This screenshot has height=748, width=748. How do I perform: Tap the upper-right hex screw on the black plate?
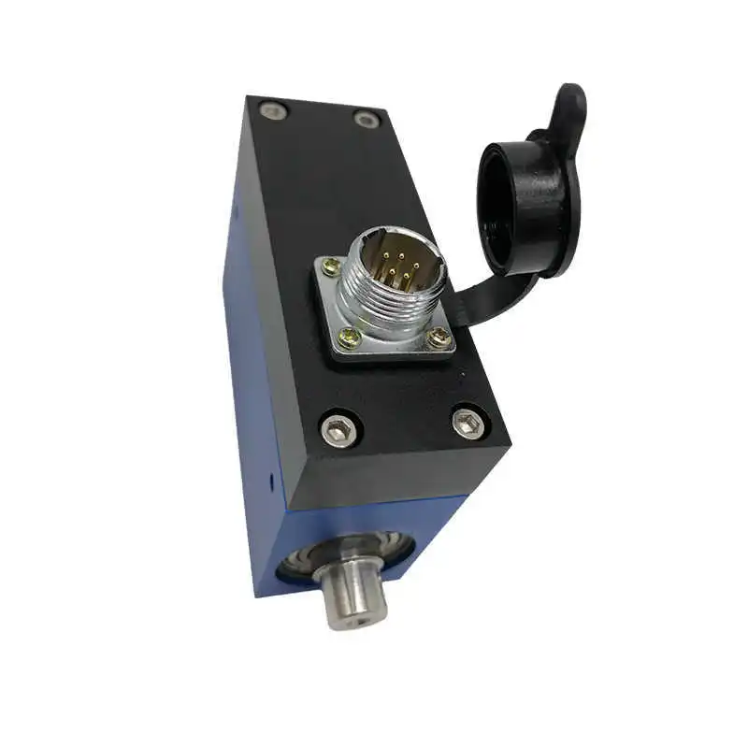coord(366,119)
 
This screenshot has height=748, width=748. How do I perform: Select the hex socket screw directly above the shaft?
coord(338,429)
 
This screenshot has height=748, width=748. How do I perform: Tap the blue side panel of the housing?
coord(245,374)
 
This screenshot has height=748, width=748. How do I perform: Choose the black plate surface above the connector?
coord(327,187)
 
